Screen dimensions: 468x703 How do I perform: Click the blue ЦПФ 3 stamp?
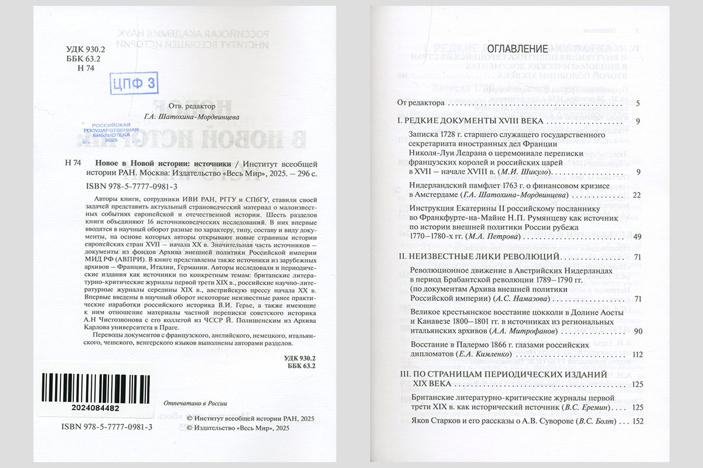(134, 83)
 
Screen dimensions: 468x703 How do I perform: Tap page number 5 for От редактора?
(637, 104)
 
